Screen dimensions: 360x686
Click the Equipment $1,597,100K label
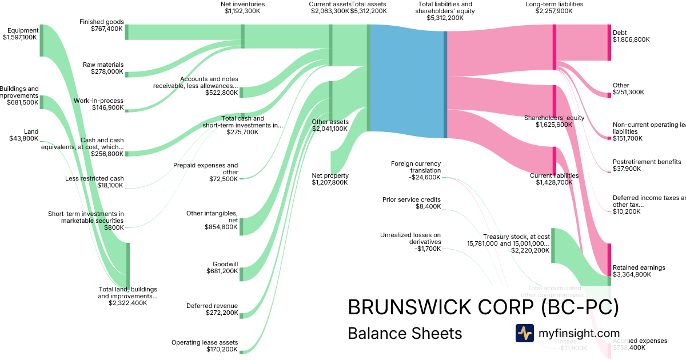click(21, 34)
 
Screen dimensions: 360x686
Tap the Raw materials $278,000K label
click(103, 68)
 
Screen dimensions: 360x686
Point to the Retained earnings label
click(639, 271)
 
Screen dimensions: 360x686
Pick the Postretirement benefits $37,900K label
click(647, 165)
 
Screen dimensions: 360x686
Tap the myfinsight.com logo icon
click(524, 333)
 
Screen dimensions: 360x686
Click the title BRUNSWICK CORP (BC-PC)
click(483, 307)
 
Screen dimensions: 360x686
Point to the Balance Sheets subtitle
click(405, 333)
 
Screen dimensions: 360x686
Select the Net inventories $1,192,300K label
click(242, 7)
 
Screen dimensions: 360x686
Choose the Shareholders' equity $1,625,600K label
click(554, 121)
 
